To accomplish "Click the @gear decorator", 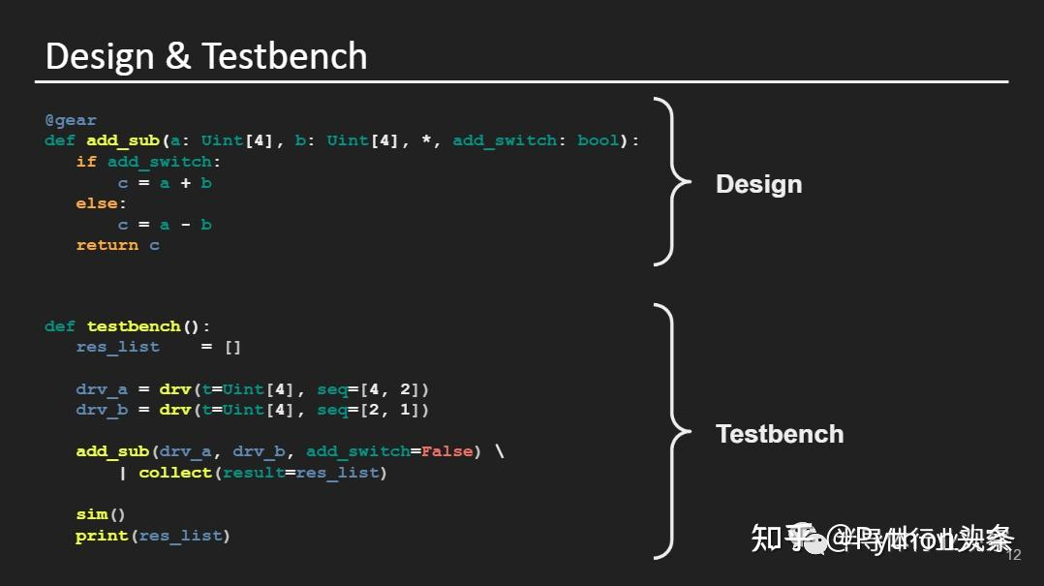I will [71, 120].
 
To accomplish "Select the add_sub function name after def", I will [123, 140].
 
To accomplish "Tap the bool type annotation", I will [598, 140].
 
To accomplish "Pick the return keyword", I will [107, 245].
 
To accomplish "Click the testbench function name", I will [134, 326].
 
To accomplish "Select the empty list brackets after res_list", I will [232, 347].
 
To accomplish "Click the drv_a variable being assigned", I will [102, 389].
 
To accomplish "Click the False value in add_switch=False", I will [446, 451].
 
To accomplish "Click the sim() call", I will [101, 514].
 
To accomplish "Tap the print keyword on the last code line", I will [102, 536].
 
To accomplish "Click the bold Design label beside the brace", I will [758, 184].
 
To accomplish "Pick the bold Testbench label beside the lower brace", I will [780, 434].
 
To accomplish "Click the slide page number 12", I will [1014, 556].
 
